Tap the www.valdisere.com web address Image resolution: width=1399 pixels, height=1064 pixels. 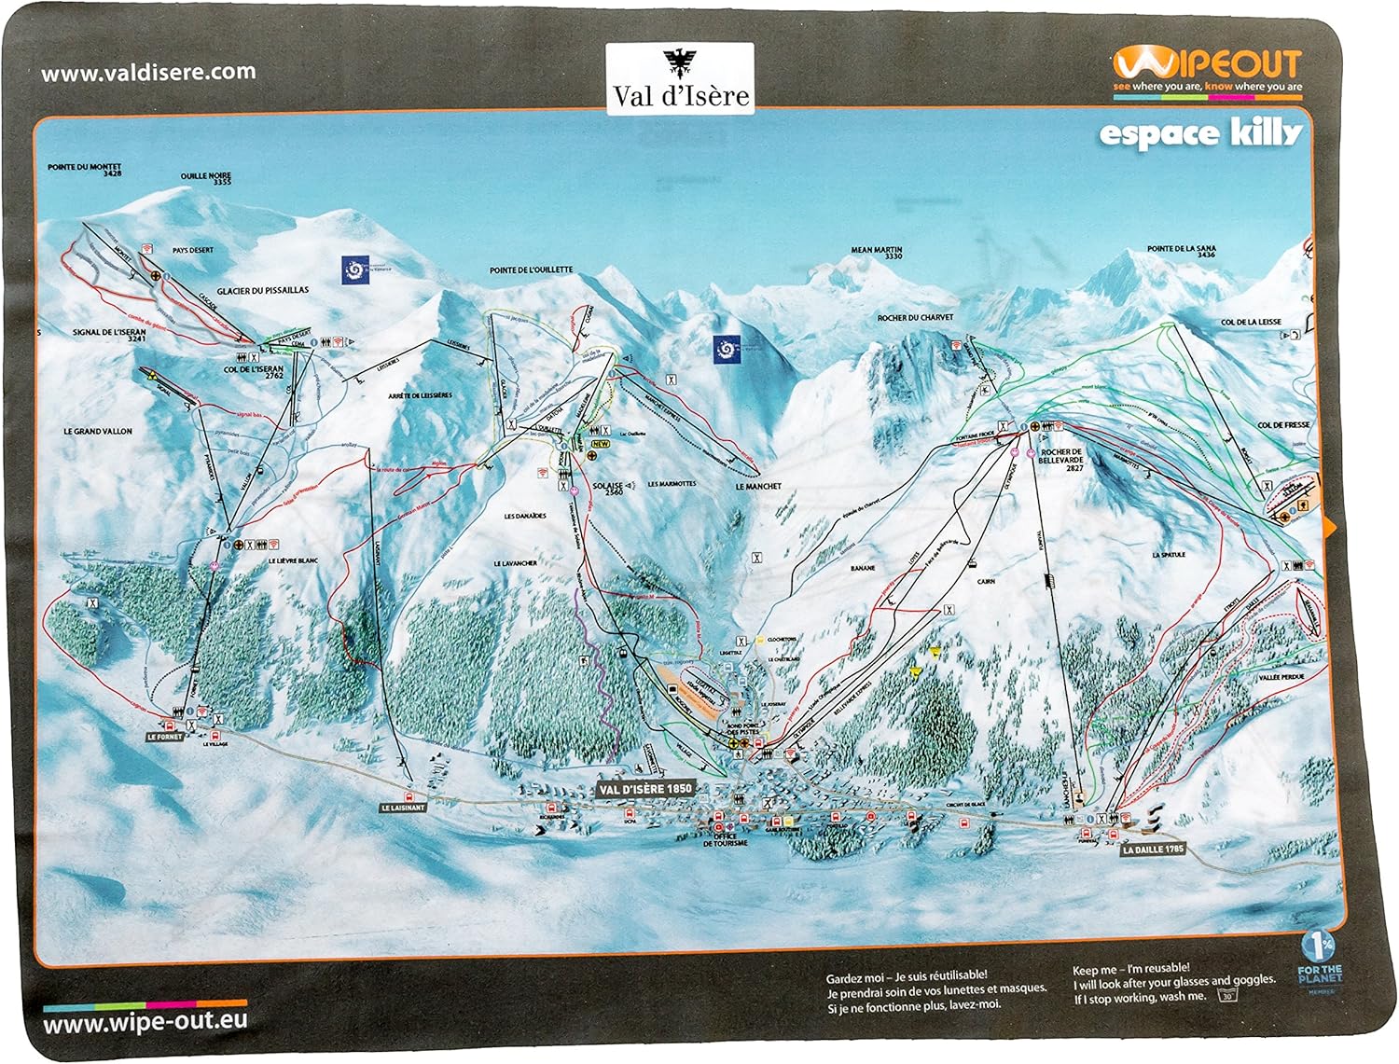[148, 72]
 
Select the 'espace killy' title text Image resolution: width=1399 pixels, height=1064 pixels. [1199, 133]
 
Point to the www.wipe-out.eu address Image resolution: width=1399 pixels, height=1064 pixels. [145, 1021]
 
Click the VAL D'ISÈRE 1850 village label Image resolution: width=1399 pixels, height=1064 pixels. [646, 788]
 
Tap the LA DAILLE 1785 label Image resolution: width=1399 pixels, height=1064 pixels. [1153, 850]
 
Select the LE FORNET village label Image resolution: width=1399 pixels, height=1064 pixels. [165, 736]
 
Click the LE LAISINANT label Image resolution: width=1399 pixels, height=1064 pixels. [403, 808]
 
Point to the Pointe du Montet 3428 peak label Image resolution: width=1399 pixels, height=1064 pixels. [84, 170]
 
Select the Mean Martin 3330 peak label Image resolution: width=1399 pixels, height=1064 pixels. [876, 253]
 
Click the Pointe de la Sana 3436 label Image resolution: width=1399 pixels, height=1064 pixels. [1181, 252]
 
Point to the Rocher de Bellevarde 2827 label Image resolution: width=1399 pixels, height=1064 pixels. [1061, 459]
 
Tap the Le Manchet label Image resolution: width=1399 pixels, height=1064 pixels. [757, 487]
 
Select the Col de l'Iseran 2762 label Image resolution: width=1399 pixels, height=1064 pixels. [253, 372]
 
